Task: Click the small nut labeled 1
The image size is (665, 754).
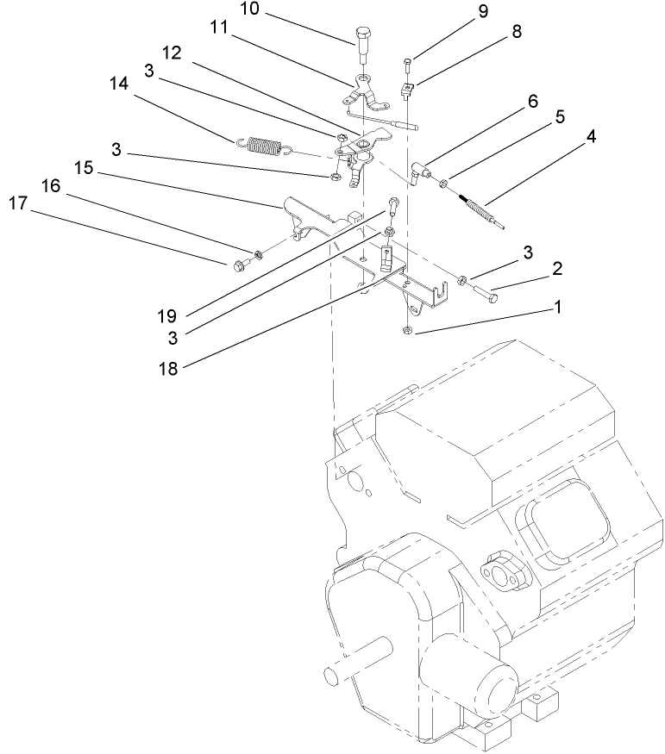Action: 407,333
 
